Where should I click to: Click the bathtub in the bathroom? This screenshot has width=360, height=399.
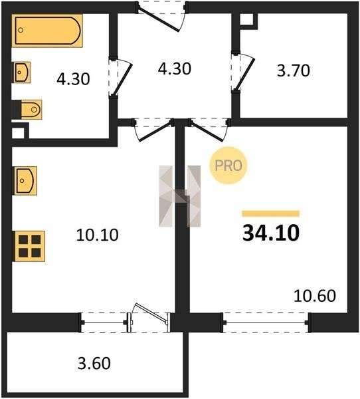[x=47, y=31]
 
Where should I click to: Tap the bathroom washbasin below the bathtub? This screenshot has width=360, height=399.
[x=22, y=72]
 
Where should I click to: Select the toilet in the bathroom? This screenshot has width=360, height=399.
[x=27, y=110]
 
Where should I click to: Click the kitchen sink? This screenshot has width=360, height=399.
[x=25, y=181]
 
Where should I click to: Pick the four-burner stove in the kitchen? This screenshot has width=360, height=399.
[x=29, y=246]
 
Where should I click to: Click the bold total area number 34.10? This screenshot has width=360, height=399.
[x=271, y=233]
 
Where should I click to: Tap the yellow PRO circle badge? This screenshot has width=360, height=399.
[x=228, y=166]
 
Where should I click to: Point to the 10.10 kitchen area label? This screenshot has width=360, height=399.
[x=98, y=235]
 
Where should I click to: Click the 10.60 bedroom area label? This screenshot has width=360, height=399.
[x=315, y=296]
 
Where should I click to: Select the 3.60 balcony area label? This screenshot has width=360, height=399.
[x=94, y=363]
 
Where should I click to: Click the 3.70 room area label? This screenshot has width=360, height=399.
[x=294, y=70]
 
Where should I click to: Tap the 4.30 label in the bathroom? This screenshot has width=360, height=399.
[x=73, y=78]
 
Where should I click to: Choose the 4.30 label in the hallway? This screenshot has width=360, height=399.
[x=175, y=68]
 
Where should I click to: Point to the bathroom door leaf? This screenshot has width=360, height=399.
[x=122, y=79]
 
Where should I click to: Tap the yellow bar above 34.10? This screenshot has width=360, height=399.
[x=271, y=213]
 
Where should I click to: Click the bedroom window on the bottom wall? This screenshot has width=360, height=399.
[x=266, y=323]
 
